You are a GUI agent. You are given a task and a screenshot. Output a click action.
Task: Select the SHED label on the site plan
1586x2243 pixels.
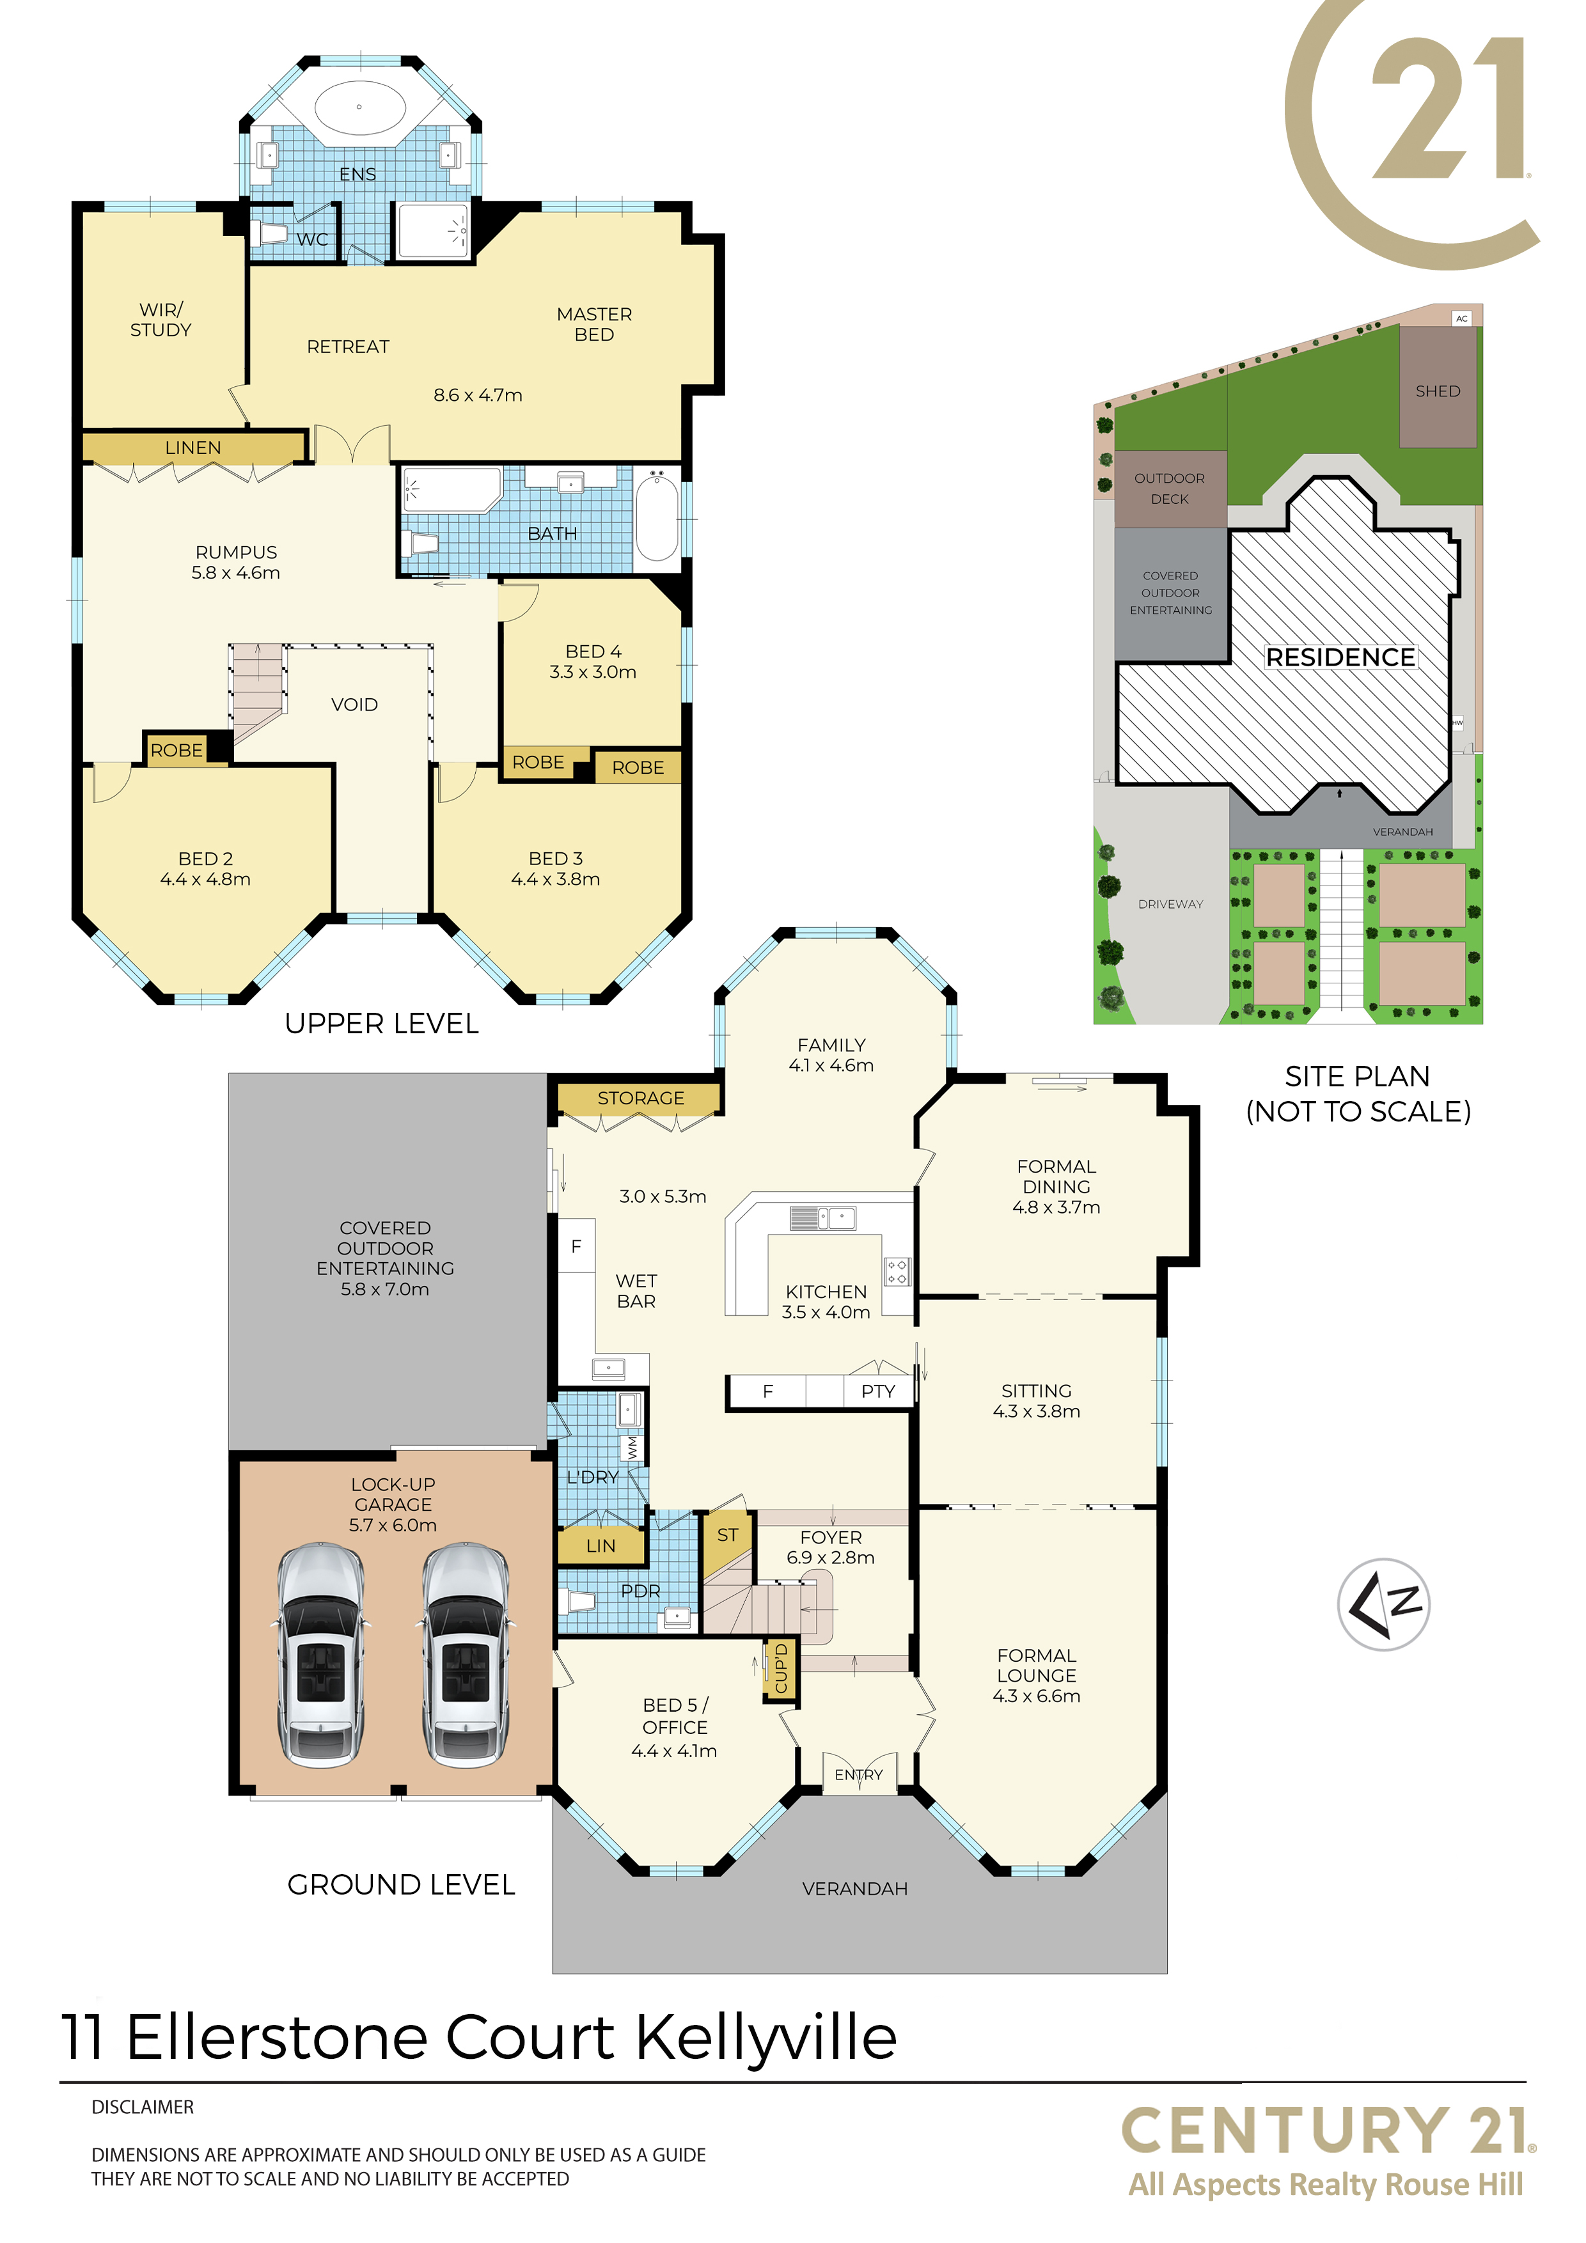click(x=1438, y=391)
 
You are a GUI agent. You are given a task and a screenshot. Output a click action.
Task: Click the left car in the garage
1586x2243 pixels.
click(x=320, y=1655)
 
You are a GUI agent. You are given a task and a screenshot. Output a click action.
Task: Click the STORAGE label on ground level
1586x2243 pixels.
click(x=641, y=1098)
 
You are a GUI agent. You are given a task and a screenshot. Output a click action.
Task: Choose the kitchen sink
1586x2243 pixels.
click(x=824, y=1217)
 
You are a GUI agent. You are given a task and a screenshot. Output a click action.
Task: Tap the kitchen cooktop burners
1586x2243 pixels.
click(x=897, y=1271)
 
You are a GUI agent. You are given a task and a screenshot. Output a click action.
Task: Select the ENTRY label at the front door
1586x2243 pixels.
click(x=858, y=1775)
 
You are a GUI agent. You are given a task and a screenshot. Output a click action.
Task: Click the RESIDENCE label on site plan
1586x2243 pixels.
click(x=1340, y=657)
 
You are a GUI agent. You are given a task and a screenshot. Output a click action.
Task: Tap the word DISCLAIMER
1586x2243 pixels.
click(x=143, y=2107)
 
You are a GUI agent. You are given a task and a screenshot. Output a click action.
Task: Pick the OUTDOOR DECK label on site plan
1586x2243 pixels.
click(x=1170, y=488)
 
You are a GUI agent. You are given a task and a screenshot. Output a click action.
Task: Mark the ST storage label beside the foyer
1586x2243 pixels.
click(x=727, y=1535)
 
